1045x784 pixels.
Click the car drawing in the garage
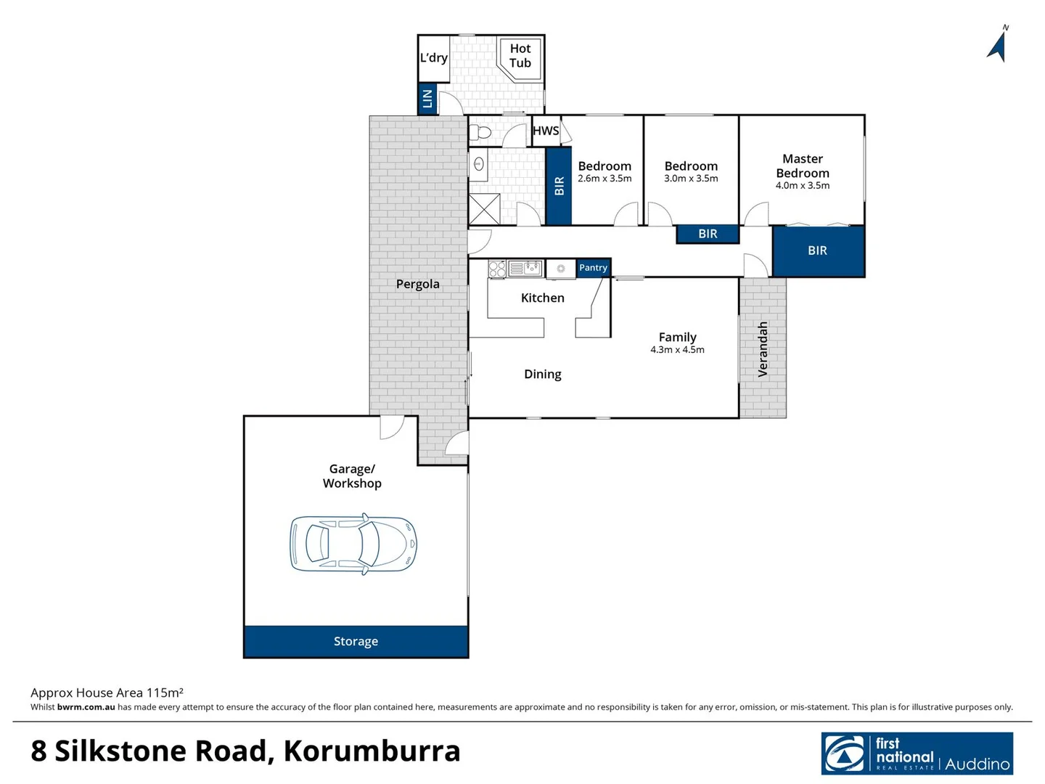click(353, 544)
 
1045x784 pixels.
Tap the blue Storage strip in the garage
click(356, 641)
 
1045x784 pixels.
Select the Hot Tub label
click(520, 56)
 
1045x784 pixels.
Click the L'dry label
click(434, 58)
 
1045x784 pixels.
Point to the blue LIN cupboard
click(427, 99)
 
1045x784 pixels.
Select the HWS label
click(546, 131)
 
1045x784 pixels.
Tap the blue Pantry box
click(593, 268)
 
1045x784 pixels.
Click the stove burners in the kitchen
click(497, 269)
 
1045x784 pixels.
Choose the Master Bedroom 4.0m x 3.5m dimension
click(803, 186)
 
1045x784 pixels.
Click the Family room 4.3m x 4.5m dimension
click(677, 350)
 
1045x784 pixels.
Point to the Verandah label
click(763, 349)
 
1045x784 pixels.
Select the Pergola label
click(418, 284)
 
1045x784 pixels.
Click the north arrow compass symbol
click(998, 46)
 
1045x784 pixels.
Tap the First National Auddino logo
click(917, 754)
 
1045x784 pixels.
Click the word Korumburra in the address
click(372, 751)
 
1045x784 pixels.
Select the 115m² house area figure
click(165, 693)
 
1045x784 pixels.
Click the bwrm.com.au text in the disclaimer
click(86, 707)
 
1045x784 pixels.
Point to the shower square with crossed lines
click(484, 209)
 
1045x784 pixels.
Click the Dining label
click(543, 374)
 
